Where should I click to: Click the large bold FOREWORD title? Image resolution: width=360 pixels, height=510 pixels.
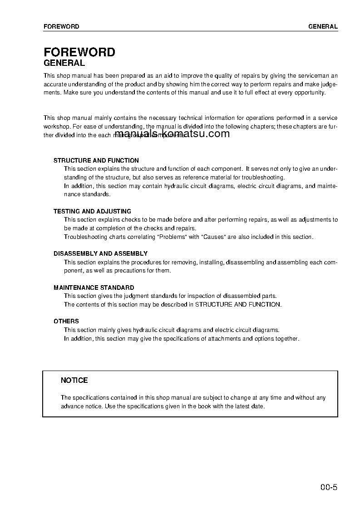[79, 52]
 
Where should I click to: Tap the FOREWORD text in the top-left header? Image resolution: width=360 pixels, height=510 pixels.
[61, 26]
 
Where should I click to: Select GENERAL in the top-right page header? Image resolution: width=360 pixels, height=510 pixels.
[323, 26]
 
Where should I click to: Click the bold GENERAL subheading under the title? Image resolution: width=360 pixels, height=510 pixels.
[64, 64]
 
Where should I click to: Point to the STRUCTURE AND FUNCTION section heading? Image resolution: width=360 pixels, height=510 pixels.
[96, 160]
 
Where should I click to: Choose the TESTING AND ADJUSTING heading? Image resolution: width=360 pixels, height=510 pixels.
[92, 211]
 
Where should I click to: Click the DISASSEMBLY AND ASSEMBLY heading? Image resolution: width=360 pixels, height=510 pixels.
[100, 253]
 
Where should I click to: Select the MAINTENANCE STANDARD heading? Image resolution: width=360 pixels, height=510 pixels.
[94, 287]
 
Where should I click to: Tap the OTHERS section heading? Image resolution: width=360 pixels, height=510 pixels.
[66, 321]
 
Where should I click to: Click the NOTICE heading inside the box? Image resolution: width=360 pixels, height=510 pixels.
[74, 380]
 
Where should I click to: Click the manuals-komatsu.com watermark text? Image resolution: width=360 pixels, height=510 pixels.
[172, 134]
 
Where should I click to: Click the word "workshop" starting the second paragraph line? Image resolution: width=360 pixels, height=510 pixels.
[56, 127]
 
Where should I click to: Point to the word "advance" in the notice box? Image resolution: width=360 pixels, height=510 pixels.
[72, 406]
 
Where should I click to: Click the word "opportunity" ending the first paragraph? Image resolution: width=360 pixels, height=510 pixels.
[310, 92]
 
